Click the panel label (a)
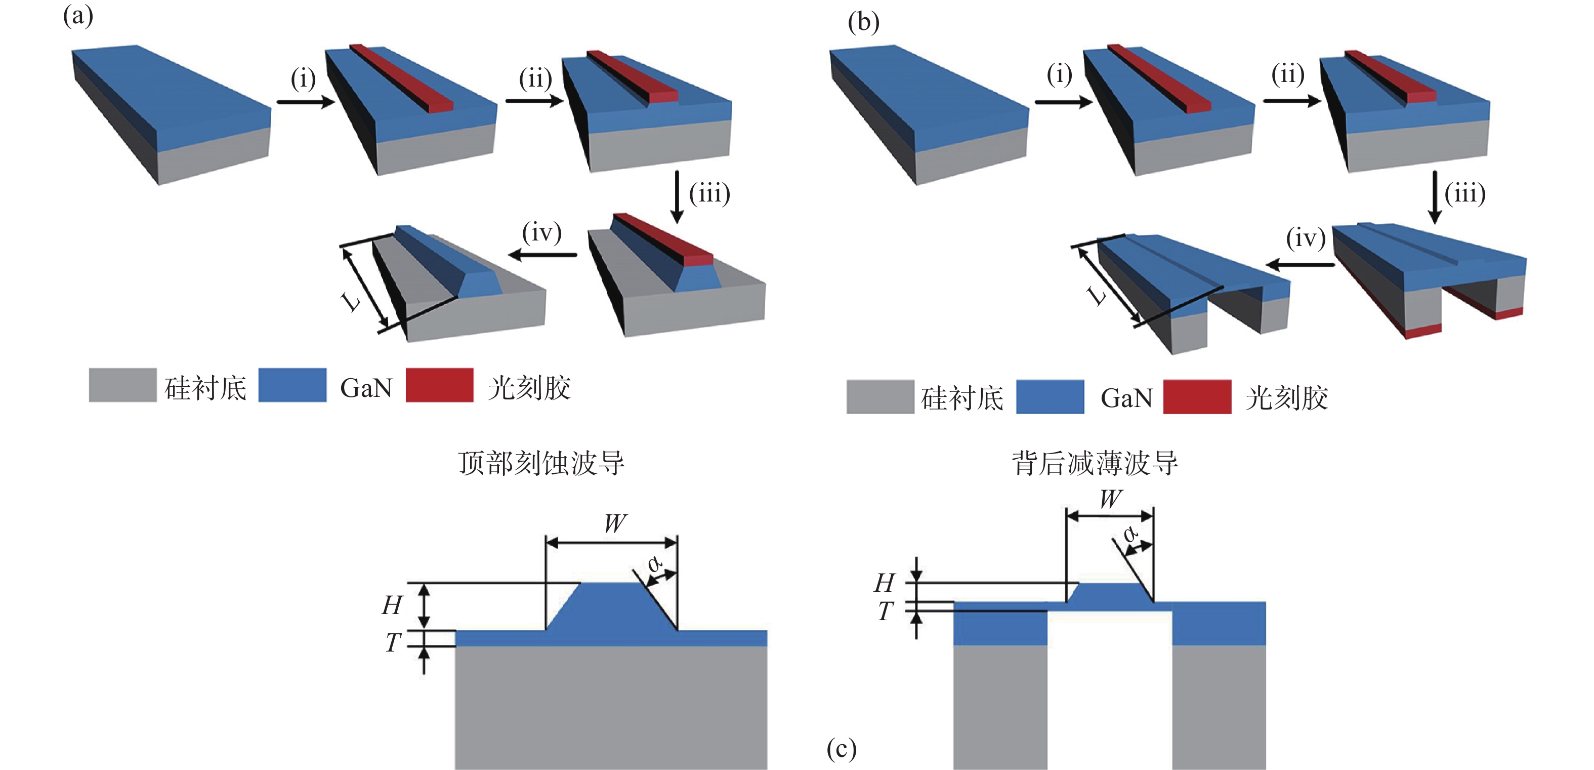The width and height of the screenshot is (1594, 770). pyautogui.click(x=78, y=16)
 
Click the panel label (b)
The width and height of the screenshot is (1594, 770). pyautogui.click(x=863, y=23)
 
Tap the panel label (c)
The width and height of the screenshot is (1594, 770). pyautogui.click(x=842, y=749)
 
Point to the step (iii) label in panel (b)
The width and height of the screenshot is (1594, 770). pyautogui.click(x=1464, y=194)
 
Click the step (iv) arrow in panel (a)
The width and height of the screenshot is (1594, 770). pyautogui.click(x=542, y=255)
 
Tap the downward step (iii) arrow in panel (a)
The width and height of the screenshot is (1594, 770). pyautogui.click(x=677, y=197)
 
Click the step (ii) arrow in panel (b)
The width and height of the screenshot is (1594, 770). pyautogui.click(x=1291, y=101)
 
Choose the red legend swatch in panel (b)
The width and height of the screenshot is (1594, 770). pyautogui.click(x=1197, y=397)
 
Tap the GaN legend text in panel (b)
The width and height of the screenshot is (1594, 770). pyautogui.click(x=1126, y=398)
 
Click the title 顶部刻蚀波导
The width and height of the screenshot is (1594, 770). pyautogui.click(x=541, y=463)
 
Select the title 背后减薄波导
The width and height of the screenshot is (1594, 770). pyautogui.click(x=1095, y=463)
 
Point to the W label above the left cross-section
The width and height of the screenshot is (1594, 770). pyautogui.click(x=615, y=523)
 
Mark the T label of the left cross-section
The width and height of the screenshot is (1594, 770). pyautogui.click(x=393, y=642)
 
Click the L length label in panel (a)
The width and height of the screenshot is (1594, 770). pyautogui.click(x=350, y=301)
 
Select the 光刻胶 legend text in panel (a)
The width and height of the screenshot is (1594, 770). pyautogui.click(x=529, y=388)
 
